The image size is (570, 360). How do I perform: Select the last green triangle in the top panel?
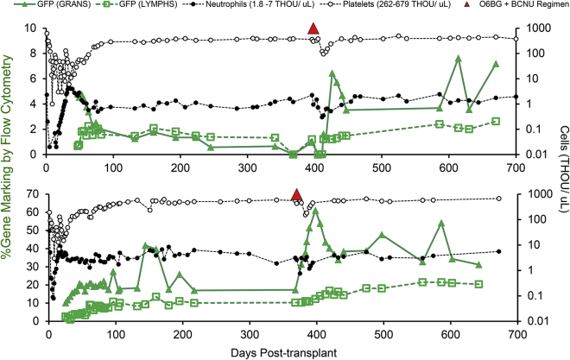pyautogui.click(x=496, y=64)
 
